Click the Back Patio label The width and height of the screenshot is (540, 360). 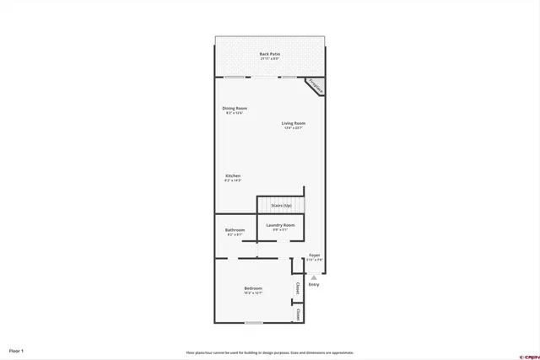tap(270, 54)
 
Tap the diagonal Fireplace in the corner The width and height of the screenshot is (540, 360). tap(315, 86)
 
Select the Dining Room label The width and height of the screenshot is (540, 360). tap(235, 108)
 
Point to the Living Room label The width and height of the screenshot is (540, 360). tap(294, 123)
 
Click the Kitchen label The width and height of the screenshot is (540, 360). tap(233, 176)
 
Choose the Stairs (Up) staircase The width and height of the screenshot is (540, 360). tap(281, 205)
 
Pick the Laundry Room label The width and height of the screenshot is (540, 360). tap(280, 225)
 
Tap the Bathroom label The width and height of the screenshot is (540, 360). tap(235, 230)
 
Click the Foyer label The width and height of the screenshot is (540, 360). tap(314, 255)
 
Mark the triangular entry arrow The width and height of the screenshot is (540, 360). tap(314, 277)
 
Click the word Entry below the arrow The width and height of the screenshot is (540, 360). tap(314, 285)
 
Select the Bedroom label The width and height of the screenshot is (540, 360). tap(253, 288)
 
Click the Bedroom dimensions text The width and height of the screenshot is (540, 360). tap(253, 293)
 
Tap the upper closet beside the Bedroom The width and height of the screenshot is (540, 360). tap(298, 287)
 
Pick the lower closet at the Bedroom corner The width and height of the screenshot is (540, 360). tap(298, 314)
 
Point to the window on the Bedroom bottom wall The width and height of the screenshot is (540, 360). tap(253, 322)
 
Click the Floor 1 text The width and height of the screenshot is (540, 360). tap(17, 350)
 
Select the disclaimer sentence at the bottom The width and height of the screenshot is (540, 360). tap(270, 352)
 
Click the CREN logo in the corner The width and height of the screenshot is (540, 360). tap(526, 353)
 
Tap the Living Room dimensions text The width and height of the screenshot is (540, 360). tap(294, 128)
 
